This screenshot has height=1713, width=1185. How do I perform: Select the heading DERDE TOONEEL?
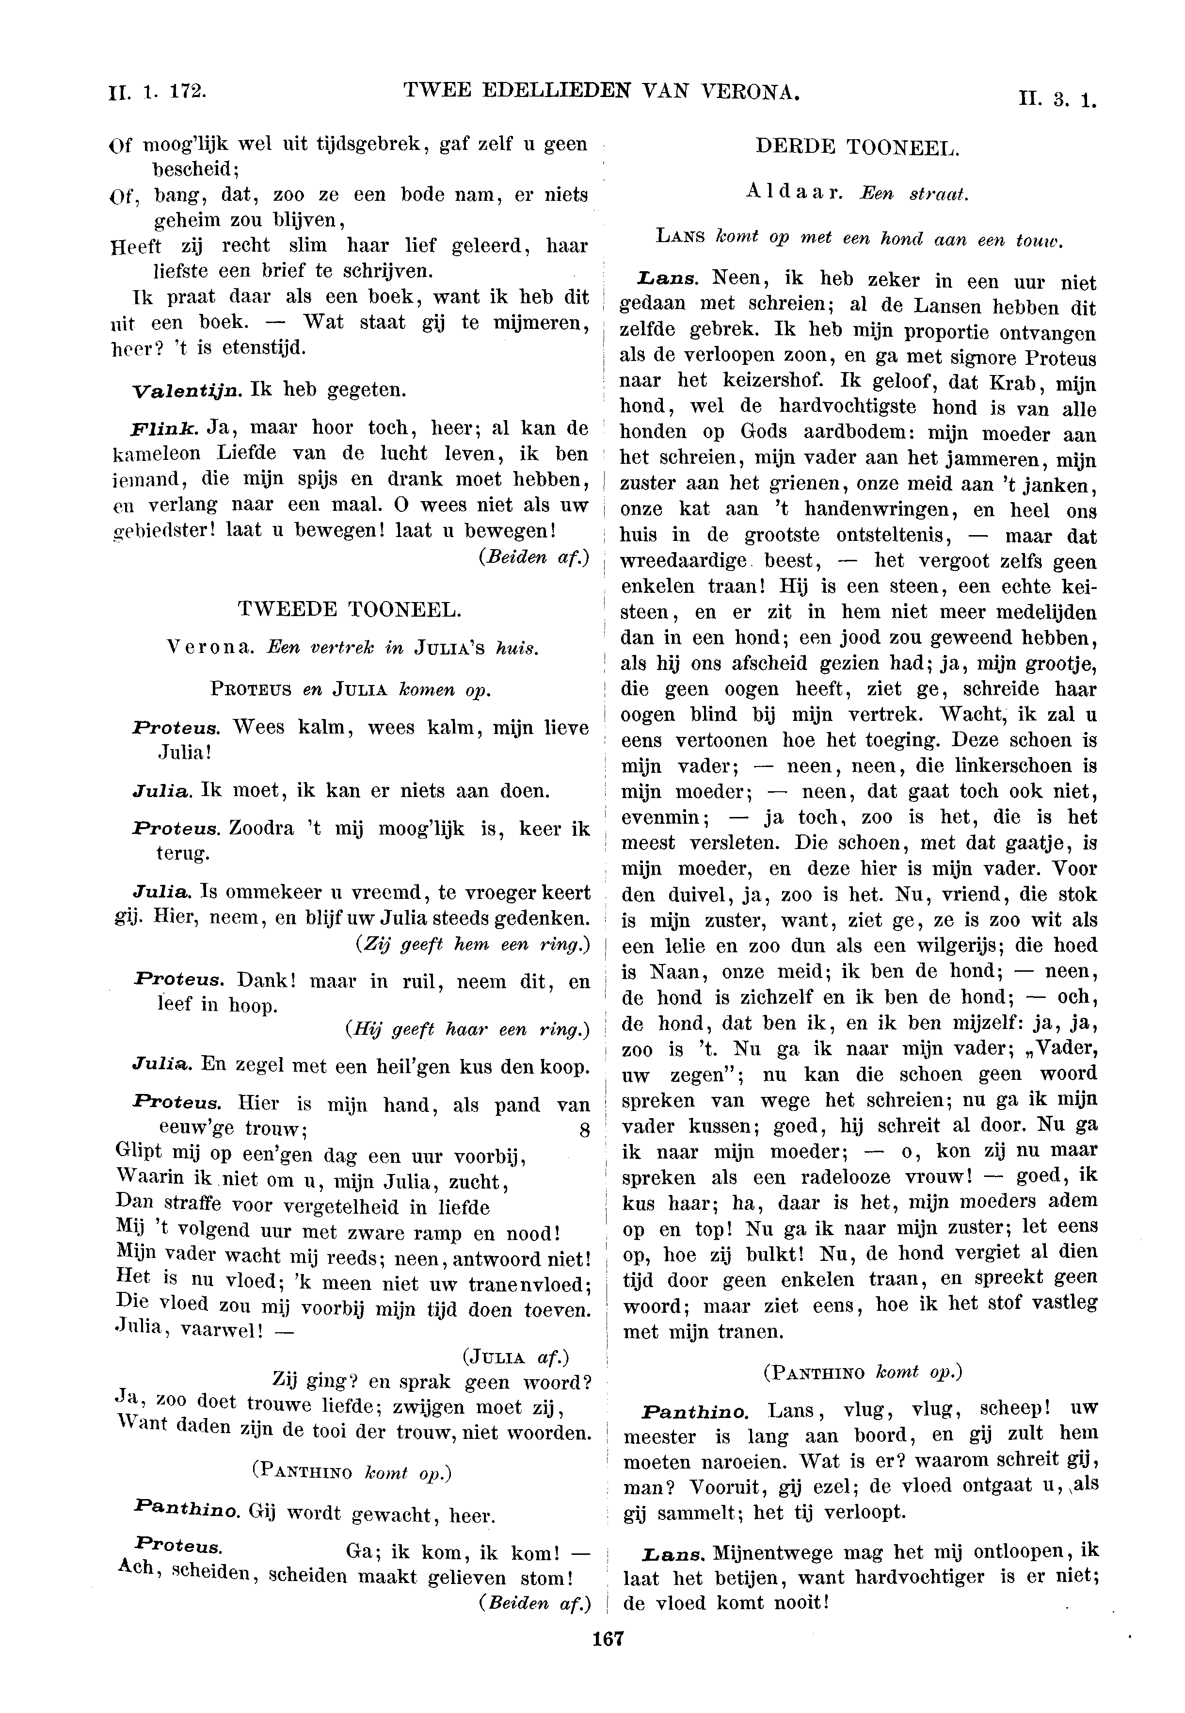point(858,147)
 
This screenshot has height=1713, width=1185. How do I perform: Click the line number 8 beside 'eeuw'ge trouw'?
point(584,1131)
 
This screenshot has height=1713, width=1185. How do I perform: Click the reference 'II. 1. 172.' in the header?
point(157,91)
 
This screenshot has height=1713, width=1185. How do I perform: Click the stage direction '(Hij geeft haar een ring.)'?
point(467,1029)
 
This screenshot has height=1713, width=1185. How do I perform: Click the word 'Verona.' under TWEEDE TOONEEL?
point(211,647)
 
